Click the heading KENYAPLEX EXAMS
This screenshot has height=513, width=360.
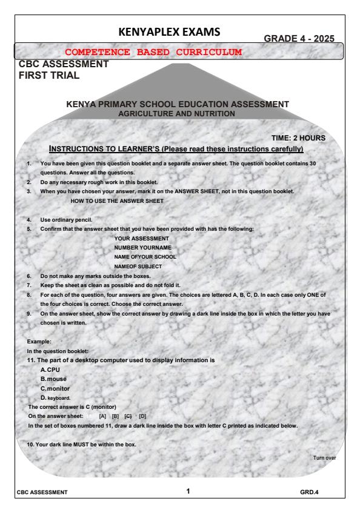tap(180, 31)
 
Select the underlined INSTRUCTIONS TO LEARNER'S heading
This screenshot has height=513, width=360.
tap(176, 148)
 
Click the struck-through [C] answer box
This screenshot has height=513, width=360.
tap(128, 416)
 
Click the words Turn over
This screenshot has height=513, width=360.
tap(324, 458)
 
